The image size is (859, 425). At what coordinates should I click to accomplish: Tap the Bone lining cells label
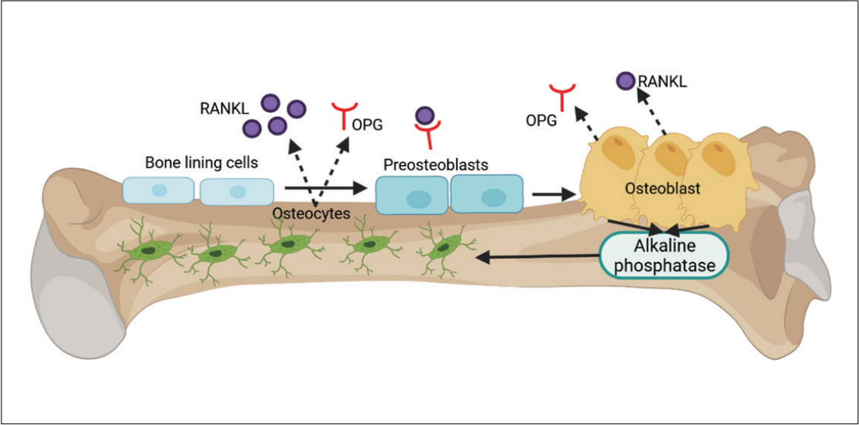[201, 162]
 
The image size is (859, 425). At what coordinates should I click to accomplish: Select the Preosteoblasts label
[435, 164]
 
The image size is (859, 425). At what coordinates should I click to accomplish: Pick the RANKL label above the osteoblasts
[664, 81]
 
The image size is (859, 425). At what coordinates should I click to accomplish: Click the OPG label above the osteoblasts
[541, 121]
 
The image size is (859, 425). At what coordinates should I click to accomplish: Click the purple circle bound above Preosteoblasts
[425, 116]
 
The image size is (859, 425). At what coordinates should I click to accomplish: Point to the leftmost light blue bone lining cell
[158, 190]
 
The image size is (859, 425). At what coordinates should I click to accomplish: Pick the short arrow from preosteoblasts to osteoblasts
[554, 195]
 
